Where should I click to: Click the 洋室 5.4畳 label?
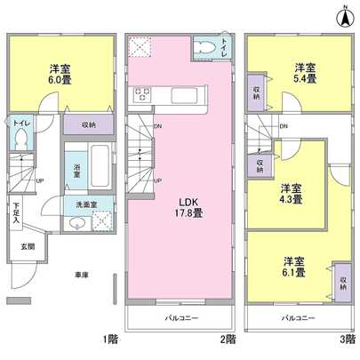pyautogui.click(x=305, y=72)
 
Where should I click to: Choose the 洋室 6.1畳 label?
pyautogui.click(x=294, y=267)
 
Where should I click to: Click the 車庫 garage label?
pyautogui.click(x=81, y=275)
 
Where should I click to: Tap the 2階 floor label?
pyautogui.click(x=229, y=338)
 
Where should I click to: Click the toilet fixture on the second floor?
pyautogui.click(x=206, y=46)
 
